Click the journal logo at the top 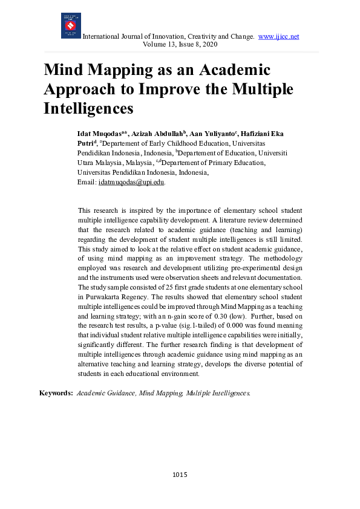(x=71, y=26)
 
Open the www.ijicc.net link (x=278, y=36)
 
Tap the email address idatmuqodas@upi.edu (x=131, y=182)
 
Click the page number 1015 (x=180, y=475)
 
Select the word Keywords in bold (x=56, y=393)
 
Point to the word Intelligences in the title (x=88, y=109)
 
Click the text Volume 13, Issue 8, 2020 (x=180, y=44)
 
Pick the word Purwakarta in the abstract (x=103, y=297)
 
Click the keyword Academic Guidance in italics (x=105, y=393)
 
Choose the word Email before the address (x=87, y=182)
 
